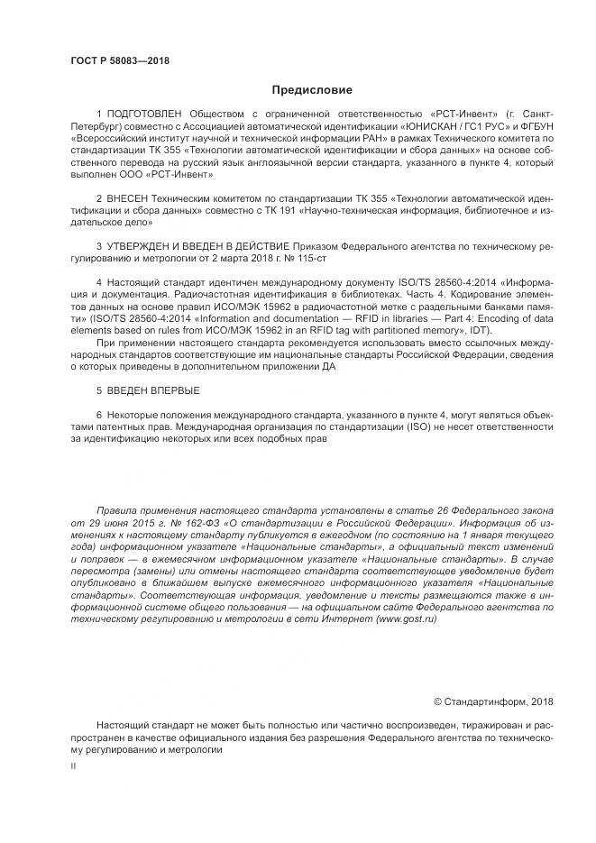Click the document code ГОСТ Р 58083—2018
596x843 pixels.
click(x=119, y=60)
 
